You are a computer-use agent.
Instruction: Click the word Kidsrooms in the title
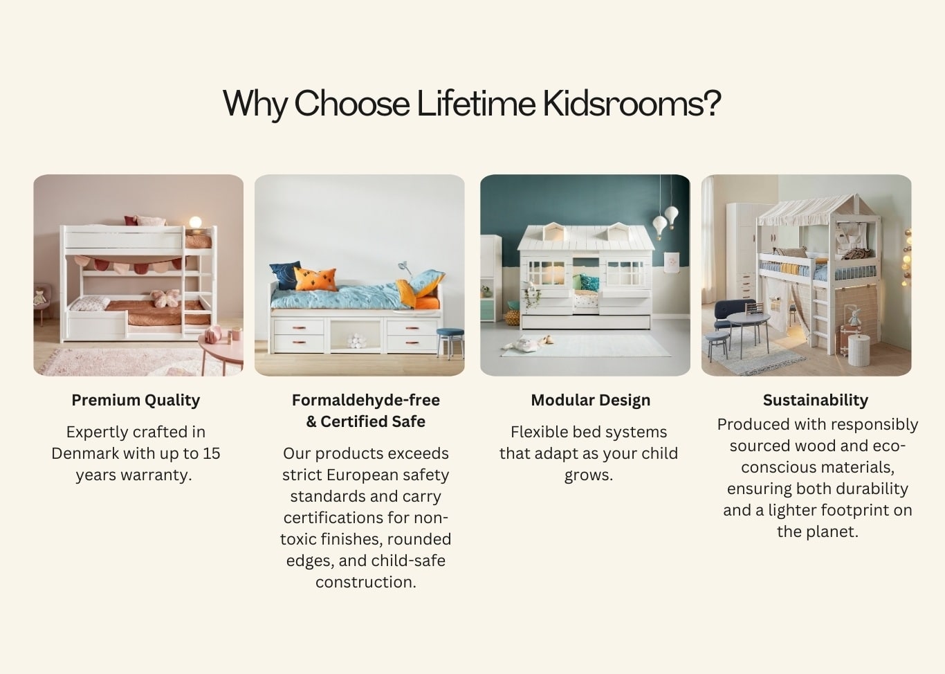[631, 104]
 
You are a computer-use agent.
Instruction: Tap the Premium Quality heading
[136, 400]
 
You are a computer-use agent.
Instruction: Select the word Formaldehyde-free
[365, 400]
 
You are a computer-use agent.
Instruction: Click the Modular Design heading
[590, 400]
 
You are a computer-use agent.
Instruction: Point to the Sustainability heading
[815, 400]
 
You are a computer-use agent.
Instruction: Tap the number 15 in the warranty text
[211, 453]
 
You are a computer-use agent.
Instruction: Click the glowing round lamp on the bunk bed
[196, 222]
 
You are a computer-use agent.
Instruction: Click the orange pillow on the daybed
[315, 279]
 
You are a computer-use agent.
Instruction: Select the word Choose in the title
[351, 104]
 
